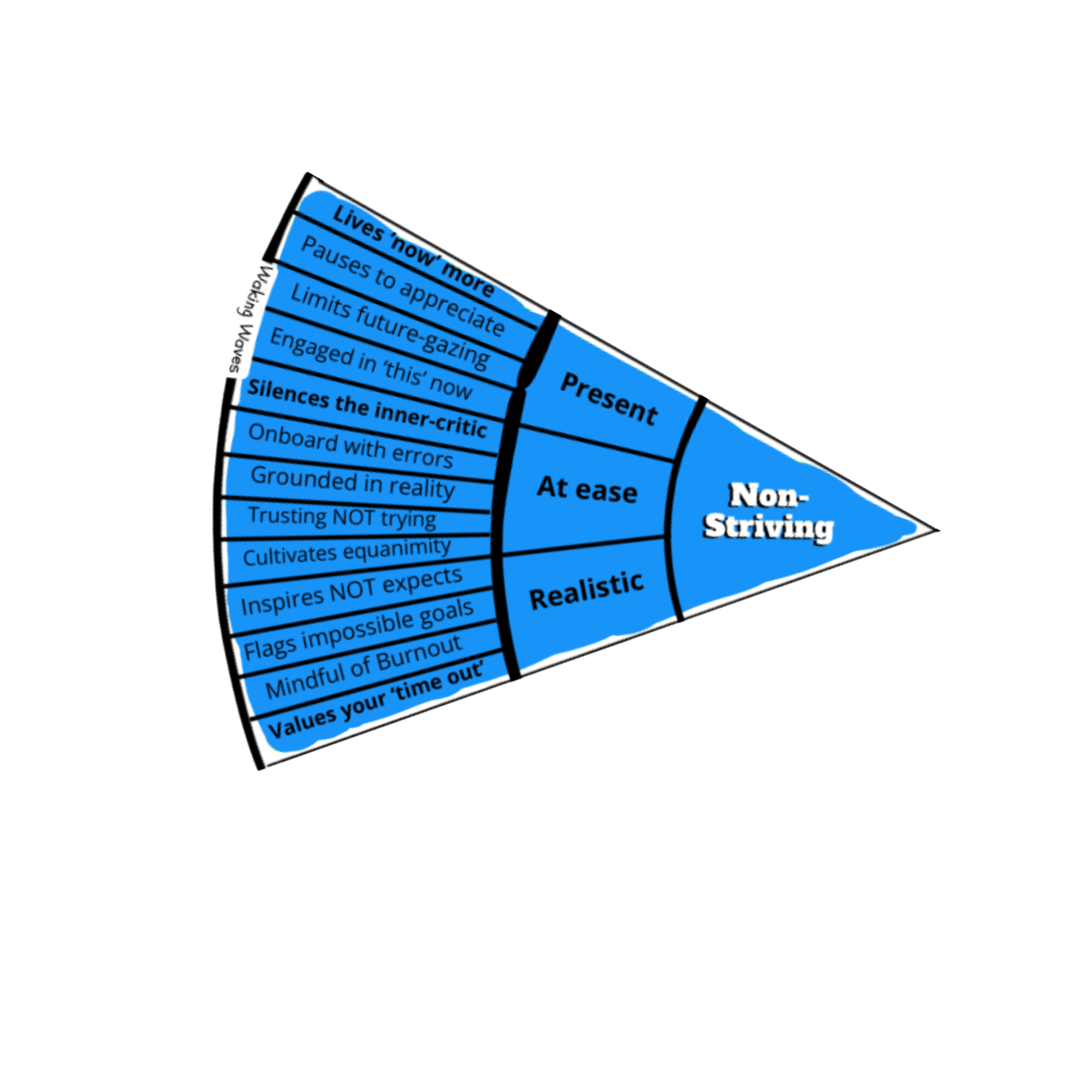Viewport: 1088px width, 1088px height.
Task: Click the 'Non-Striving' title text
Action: (768, 511)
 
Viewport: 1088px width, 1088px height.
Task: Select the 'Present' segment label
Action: (608, 399)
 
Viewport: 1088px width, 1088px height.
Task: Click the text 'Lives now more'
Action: (414, 251)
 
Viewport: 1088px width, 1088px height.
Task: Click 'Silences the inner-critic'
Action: (367, 409)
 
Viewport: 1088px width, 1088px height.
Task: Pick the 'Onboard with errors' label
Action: (350, 445)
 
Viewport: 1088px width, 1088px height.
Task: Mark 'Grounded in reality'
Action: (353, 483)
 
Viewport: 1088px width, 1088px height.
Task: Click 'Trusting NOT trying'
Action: (343, 517)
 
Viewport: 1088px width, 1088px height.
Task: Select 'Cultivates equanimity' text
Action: (347, 552)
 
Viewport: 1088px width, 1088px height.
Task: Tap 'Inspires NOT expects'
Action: (352, 591)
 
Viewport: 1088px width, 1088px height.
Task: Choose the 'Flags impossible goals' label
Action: (358, 630)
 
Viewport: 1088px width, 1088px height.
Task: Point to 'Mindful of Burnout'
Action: (363, 667)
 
